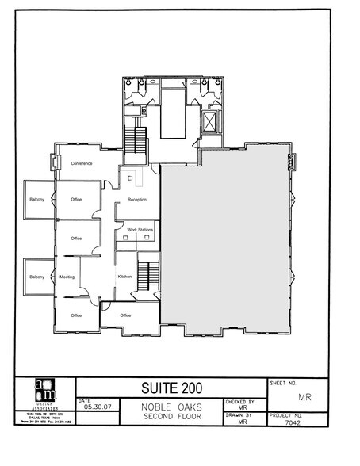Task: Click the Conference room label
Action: point(82,163)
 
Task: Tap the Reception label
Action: point(138,199)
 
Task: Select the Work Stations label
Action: point(140,230)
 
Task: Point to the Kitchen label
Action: point(124,276)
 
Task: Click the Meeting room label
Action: point(67,277)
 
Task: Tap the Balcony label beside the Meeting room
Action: point(36,277)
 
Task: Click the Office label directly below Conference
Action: point(77,199)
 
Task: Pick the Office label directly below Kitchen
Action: point(124,315)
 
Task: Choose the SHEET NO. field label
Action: point(286,381)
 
